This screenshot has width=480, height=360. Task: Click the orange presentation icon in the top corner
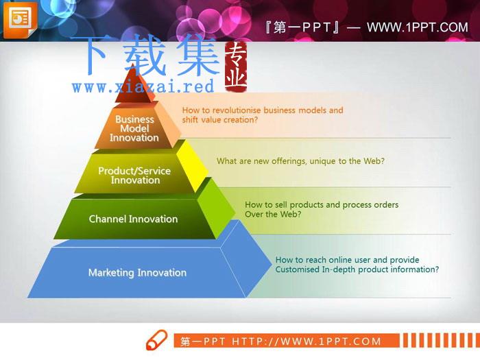(20, 20)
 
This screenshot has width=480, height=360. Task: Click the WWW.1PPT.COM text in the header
(417, 27)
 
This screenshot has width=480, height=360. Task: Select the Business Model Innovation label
(134, 129)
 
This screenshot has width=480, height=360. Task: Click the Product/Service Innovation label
(134, 176)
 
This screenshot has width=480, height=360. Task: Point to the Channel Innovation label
(133, 219)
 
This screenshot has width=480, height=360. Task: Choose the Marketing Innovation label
(137, 272)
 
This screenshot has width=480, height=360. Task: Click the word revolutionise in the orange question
(235, 110)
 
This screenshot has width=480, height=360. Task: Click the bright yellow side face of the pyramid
(192, 166)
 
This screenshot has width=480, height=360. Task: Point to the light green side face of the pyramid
(216, 208)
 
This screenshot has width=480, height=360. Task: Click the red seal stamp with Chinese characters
(236, 67)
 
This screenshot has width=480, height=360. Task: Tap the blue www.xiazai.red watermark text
(143, 86)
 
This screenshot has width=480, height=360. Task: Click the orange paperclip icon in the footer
(157, 339)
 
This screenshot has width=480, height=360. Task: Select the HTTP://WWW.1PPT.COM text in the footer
(307, 341)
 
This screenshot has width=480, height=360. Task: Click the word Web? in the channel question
(291, 214)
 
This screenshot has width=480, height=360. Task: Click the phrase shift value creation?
(220, 120)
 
